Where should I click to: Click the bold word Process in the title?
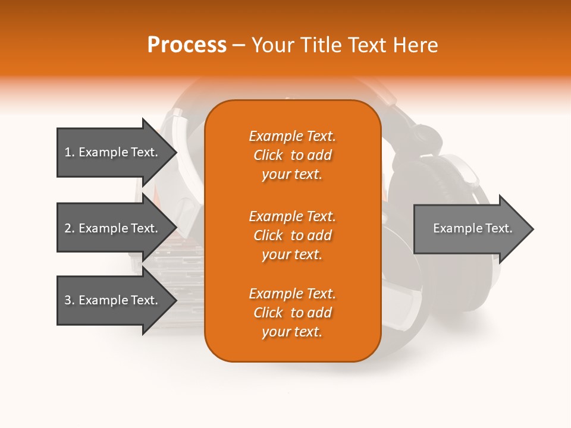pos(187,45)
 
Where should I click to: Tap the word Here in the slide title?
pos(415,45)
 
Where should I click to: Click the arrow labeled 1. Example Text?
pos(113,152)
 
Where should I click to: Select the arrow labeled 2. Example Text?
pos(113,228)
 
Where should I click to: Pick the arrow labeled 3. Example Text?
pos(113,300)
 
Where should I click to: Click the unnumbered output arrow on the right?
pos(470,229)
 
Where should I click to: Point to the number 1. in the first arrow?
pos(70,152)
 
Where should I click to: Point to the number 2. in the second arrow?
pos(70,228)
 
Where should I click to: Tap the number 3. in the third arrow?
pos(70,300)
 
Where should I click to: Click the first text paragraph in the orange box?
pos(292,155)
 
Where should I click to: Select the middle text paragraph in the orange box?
pos(292,235)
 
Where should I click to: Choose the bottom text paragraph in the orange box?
pos(292,313)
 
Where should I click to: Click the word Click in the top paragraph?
pos(268,155)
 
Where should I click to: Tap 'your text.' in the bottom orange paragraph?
pos(292,332)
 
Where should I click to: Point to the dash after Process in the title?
pos(239,45)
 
